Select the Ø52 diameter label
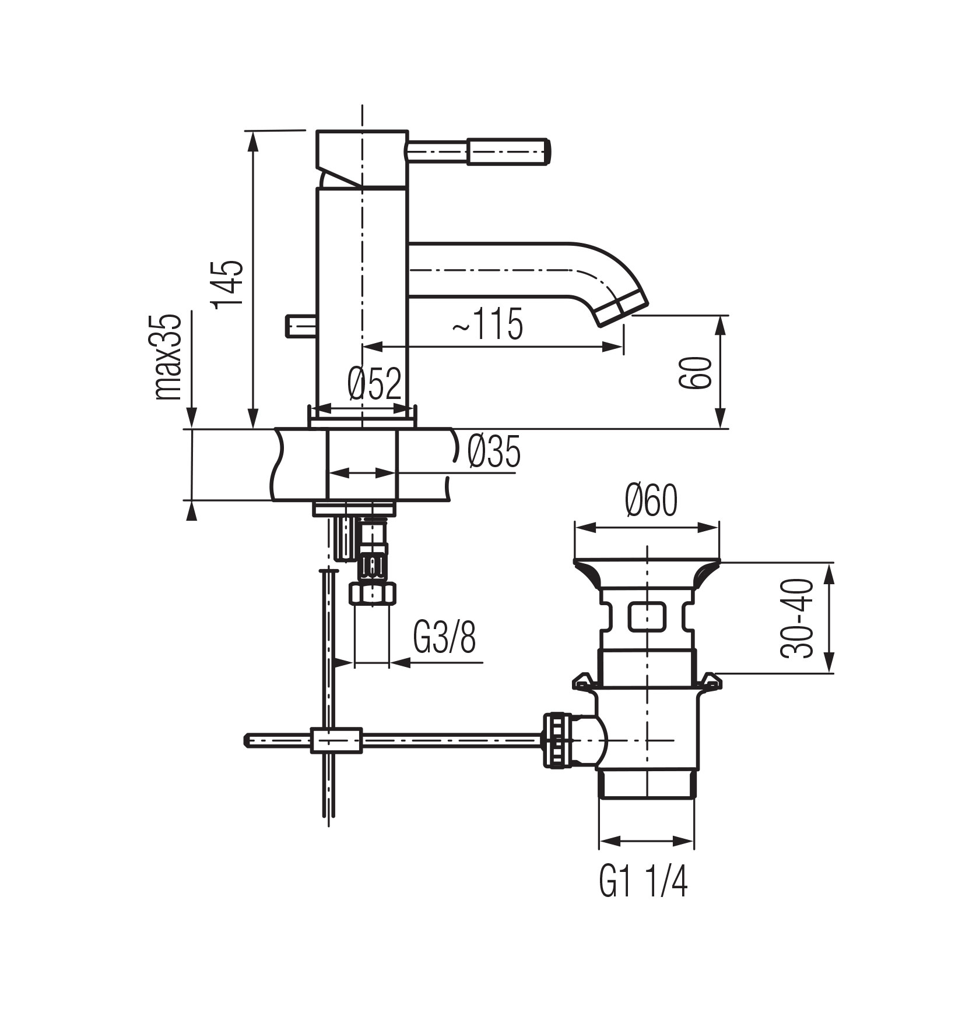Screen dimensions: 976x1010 tap(375, 384)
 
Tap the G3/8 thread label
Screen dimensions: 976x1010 tap(445, 638)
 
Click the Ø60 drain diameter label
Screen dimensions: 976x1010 tap(651, 500)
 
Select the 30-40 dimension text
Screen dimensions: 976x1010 tap(797, 617)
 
